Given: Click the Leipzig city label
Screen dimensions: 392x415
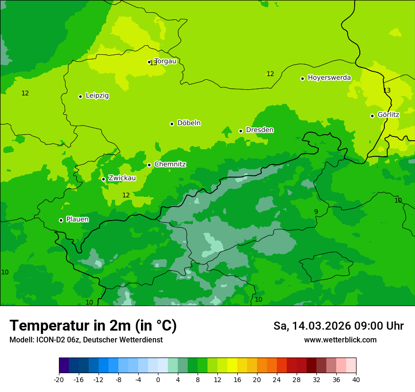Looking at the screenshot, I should pos(97,96).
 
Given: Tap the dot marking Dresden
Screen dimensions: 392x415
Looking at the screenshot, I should pos(241,131).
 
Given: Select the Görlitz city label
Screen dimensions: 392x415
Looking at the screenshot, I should pos(388,115).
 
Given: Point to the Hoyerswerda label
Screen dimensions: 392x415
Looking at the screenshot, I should pos(329,78).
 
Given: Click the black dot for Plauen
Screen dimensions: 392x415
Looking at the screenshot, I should pos(61,220).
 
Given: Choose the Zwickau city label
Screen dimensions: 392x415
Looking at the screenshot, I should pos(122,178).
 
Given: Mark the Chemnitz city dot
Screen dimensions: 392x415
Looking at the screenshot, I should pos(149,165).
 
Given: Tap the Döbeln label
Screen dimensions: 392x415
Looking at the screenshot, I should pos(189,123).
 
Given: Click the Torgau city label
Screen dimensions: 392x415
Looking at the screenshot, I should pos(165,61).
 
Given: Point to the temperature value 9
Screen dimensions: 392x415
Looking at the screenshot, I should pos(316,212).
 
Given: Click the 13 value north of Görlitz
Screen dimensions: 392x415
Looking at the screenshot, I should pos(387,90).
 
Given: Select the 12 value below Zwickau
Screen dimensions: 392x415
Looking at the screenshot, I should pos(126,195).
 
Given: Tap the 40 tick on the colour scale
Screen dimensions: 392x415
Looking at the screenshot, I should pos(356,379).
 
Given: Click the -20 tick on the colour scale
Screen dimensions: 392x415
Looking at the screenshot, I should pos(59,379).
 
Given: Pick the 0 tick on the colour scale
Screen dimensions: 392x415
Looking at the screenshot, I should pos(158,379).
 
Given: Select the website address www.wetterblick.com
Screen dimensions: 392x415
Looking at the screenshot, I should pos(340,340).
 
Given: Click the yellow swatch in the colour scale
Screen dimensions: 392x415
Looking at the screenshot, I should pos(232,366).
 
